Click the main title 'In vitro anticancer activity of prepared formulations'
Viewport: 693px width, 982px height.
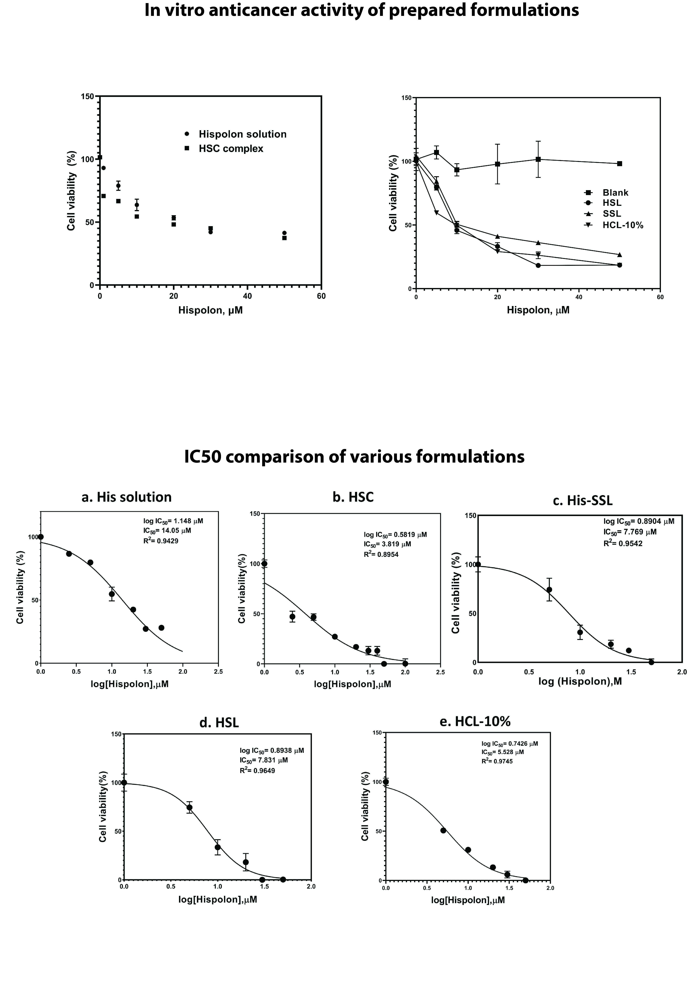[x=361, y=10]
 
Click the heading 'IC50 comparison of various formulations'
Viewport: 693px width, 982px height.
[x=354, y=457]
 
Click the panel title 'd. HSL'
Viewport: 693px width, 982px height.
[x=219, y=722]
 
